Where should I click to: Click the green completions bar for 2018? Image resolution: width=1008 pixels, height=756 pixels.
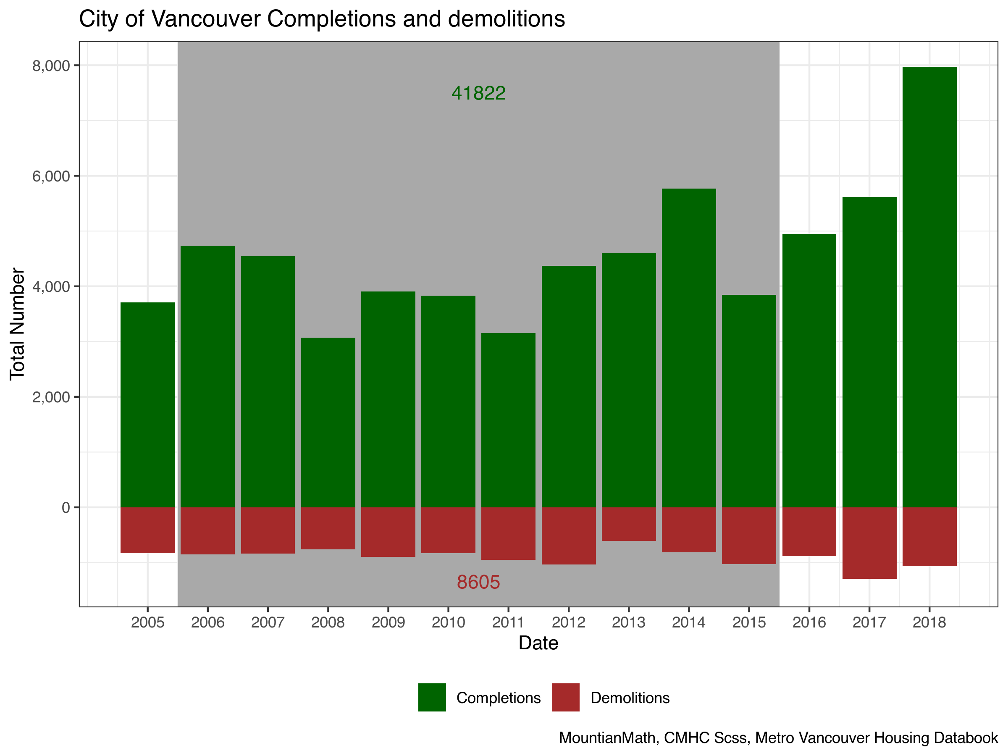click(929, 287)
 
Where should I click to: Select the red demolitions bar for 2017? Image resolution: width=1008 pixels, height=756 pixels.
click(869, 543)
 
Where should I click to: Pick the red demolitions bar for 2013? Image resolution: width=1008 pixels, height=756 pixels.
click(628, 524)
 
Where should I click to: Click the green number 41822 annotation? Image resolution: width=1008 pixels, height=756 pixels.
click(478, 93)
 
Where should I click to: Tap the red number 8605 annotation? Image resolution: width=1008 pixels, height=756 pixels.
click(478, 582)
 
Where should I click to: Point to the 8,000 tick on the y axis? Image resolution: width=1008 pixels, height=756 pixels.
click(51, 66)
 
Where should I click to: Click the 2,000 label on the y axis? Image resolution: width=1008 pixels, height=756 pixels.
click(51, 397)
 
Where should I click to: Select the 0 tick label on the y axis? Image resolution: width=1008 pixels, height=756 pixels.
click(66, 507)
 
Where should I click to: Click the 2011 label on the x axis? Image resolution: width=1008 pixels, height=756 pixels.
click(508, 622)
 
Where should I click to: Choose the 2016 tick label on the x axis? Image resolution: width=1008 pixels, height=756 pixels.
click(809, 622)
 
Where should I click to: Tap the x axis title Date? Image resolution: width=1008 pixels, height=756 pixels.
click(538, 643)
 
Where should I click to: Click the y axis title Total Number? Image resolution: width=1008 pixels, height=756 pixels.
click(17, 324)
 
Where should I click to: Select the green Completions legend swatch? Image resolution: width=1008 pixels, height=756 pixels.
click(432, 697)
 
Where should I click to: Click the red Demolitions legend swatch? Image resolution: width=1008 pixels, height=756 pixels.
click(565, 697)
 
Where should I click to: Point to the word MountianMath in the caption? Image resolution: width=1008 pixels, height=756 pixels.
click(608, 738)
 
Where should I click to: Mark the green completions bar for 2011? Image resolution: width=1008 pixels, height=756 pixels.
click(508, 420)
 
